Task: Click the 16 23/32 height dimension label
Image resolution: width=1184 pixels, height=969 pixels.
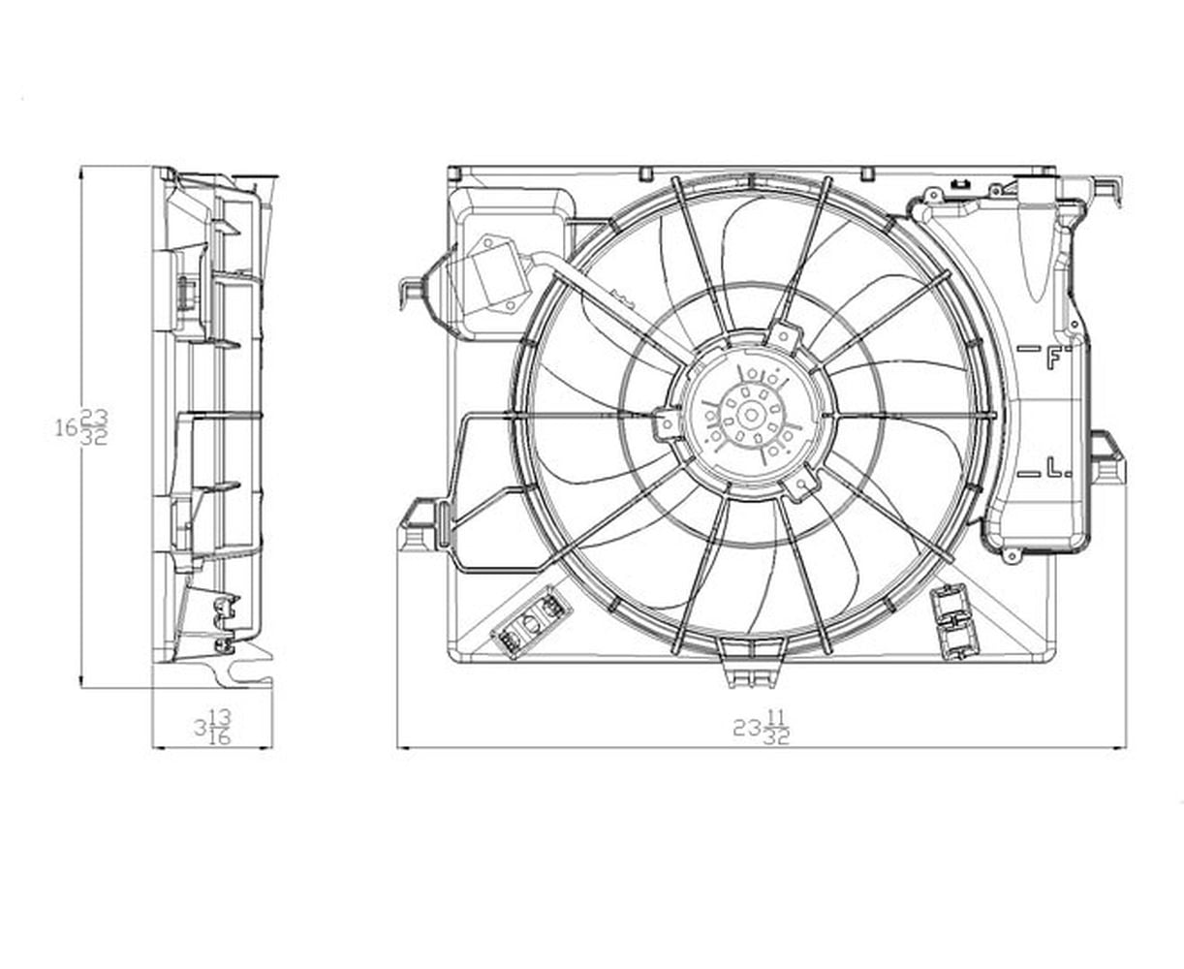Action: pos(83,427)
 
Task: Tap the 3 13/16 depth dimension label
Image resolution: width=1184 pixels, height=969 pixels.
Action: pos(212,728)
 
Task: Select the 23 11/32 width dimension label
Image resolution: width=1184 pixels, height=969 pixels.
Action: pos(763,728)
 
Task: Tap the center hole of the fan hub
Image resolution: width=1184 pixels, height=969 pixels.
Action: pos(750,415)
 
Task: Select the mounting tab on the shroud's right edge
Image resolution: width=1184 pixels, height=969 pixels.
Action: pos(1107,461)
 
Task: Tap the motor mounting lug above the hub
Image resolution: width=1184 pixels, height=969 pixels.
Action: pos(786,338)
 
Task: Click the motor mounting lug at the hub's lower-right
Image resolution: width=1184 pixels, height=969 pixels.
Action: pos(803,484)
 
